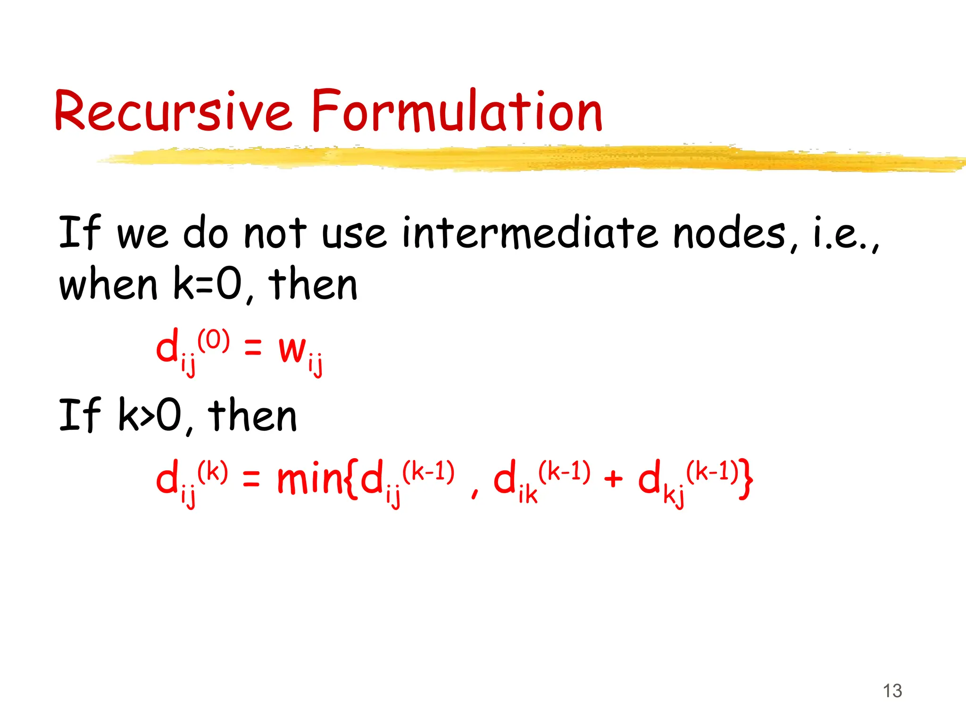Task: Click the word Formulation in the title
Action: pyautogui.click(x=457, y=111)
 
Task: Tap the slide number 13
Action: pyautogui.click(x=892, y=691)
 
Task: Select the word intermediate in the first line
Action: pyautogui.click(x=530, y=232)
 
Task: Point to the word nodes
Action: pyautogui.click(x=729, y=233)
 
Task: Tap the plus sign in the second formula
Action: pyautogui.click(x=613, y=479)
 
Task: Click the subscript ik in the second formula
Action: pyautogui.click(x=528, y=495)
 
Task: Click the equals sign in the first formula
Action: pyautogui.click(x=253, y=349)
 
